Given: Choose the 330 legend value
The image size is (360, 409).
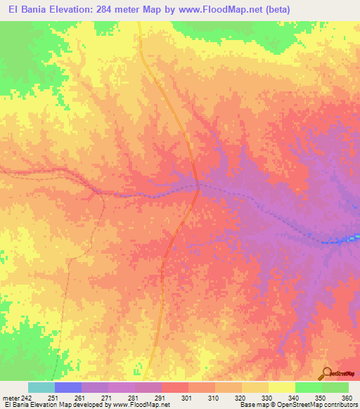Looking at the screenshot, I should (268, 397).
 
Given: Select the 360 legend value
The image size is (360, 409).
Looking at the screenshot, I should (347, 397).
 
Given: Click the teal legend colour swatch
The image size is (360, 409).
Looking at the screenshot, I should (41, 387).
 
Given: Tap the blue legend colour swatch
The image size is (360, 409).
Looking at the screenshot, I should (68, 387).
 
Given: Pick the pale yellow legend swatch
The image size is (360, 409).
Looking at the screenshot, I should (281, 387).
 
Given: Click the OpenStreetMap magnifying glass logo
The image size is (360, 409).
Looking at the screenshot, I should (327, 373).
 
